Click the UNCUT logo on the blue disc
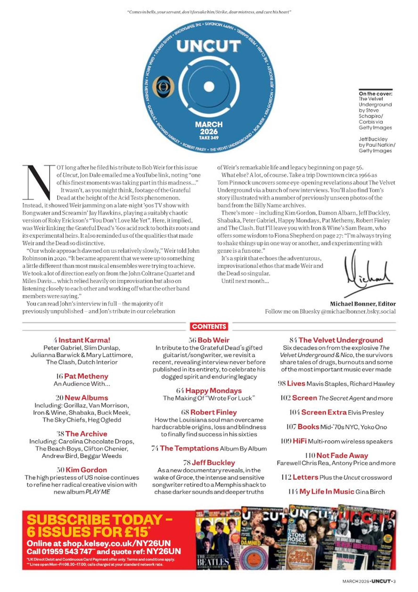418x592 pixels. pyautogui.click(x=208, y=46)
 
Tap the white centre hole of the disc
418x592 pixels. pyautogui.click(x=209, y=87)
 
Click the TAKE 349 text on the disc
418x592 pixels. pyautogui.click(x=209, y=138)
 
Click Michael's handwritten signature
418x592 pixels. pyautogui.click(x=368, y=275)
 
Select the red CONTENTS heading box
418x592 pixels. pyautogui.click(x=209, y=326)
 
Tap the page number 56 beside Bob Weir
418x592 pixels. pyautogui.click(x=192, y=340)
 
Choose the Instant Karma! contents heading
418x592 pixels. pyautogui.click(x=84, y=340)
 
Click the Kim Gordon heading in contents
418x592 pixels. pyautogui.click(x=86, y=470)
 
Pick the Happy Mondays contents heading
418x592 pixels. pyautogui.click(x=213, y=391)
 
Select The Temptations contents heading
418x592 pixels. pyautogui.click(x=189, y=448)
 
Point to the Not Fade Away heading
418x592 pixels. pyautogui.click(x=342, y=456)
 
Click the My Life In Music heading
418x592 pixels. pyautogui.click(x=327, y=492)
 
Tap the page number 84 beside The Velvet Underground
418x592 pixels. pyautogui.click(x=293, y=340)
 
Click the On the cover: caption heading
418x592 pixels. pyautogui.click(x=375, y=94)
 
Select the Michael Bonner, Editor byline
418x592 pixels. pyautogui.click(x=363, y=304)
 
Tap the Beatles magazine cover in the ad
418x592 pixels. pyautogui.click(x=218, y=541)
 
